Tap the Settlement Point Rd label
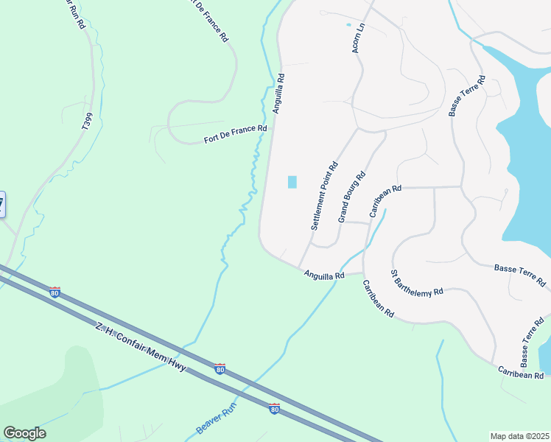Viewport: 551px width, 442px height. [x=324, y=196]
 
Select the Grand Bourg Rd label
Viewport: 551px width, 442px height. [x=351, y=197]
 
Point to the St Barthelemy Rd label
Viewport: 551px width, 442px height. [x=417, y=281]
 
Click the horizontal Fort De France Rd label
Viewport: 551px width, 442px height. [x=235, y=134]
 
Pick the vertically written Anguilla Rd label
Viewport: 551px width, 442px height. [x=278, y=92]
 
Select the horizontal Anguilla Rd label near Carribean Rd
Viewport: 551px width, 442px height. [x=325, y=276]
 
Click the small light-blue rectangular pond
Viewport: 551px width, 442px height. [x=292, y=182]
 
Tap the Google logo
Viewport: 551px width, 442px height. [x=24, y=433]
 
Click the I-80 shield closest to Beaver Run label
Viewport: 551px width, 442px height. [x=274, y=408]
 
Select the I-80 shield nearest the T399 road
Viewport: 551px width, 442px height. [x=55, y=292]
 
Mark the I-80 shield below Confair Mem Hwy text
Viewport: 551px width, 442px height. [x=220, y=368]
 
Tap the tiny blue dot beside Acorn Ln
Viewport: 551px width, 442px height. [x=349, y=25]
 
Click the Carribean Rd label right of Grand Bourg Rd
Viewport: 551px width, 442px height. [x=385, y=200]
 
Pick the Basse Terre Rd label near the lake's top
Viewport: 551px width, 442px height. [x=467, y=95]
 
